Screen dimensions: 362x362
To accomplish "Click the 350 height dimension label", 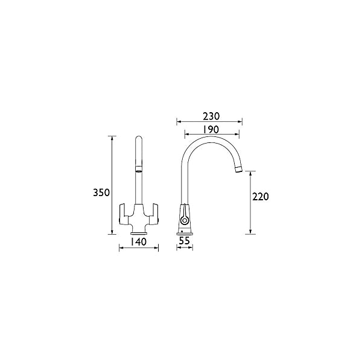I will point(101,193).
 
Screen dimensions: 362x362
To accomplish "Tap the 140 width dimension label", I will point(139,241).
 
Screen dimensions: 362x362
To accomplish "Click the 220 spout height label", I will point(261,197).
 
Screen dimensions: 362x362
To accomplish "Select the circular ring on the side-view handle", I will point(185,220).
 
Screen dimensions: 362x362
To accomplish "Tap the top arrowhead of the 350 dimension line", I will point(112,138).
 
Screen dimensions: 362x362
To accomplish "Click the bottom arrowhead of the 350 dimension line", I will point(112,233).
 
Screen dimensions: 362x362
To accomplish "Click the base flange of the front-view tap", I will point(139,232).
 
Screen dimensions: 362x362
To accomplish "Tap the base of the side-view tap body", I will point(185,232).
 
